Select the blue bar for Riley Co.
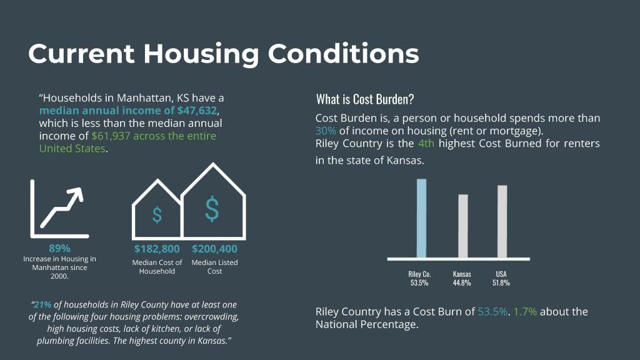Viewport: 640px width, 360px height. (x=422, y=218)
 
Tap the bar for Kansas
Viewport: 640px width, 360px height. (x=462, y=226)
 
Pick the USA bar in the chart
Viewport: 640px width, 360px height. (x=502, y=221)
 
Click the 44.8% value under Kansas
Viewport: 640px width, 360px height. (x=462, y=283)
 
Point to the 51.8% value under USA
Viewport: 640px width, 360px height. (x=501, y=283)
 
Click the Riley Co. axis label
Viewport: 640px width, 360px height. (x=420, y=274)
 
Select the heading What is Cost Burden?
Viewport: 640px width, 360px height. (x=365, y=99)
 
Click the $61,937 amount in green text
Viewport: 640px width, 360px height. (x=110, y=136)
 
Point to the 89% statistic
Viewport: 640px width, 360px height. (x=59, y=248)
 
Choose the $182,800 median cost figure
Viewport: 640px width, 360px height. (x=157, y=249)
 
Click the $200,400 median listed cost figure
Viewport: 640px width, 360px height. (x=214, y=249)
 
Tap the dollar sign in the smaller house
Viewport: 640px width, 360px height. (x=157, y=215)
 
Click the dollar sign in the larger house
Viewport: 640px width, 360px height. (x=212, y=209)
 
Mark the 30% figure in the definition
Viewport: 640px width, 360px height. (x=326, y=131)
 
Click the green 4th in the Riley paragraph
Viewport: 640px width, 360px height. (x=427, y=144)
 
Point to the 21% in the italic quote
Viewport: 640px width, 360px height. (x=43, y=305)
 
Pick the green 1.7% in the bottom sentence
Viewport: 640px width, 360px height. (x=524, y=311)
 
